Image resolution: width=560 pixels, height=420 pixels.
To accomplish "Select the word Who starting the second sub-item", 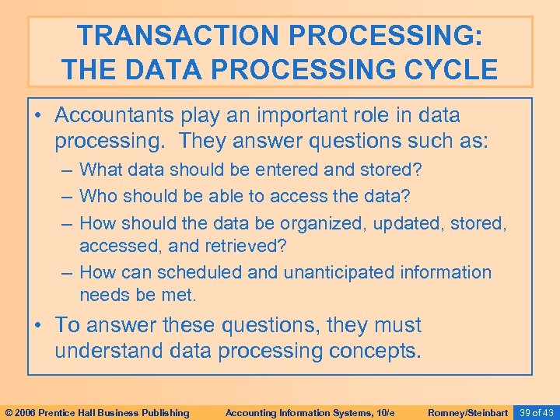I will click(x=98, y=195).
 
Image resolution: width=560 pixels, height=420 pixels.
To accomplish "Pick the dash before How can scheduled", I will click(x=68, y=272).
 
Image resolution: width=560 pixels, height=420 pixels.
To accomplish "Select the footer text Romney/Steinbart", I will click(x=468, y=412).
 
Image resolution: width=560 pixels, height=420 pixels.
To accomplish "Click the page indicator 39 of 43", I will click(x=537, y=412).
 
